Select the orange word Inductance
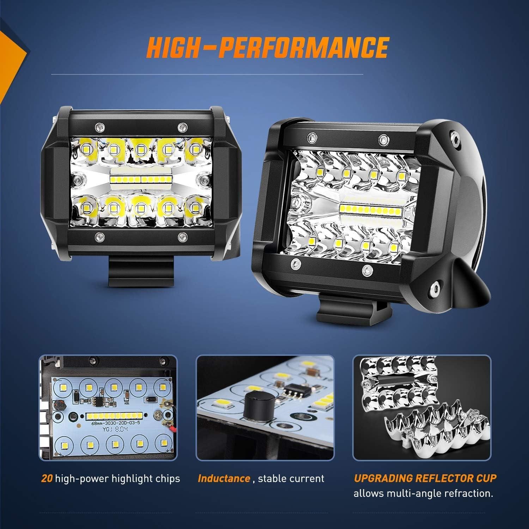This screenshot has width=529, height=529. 224,479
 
